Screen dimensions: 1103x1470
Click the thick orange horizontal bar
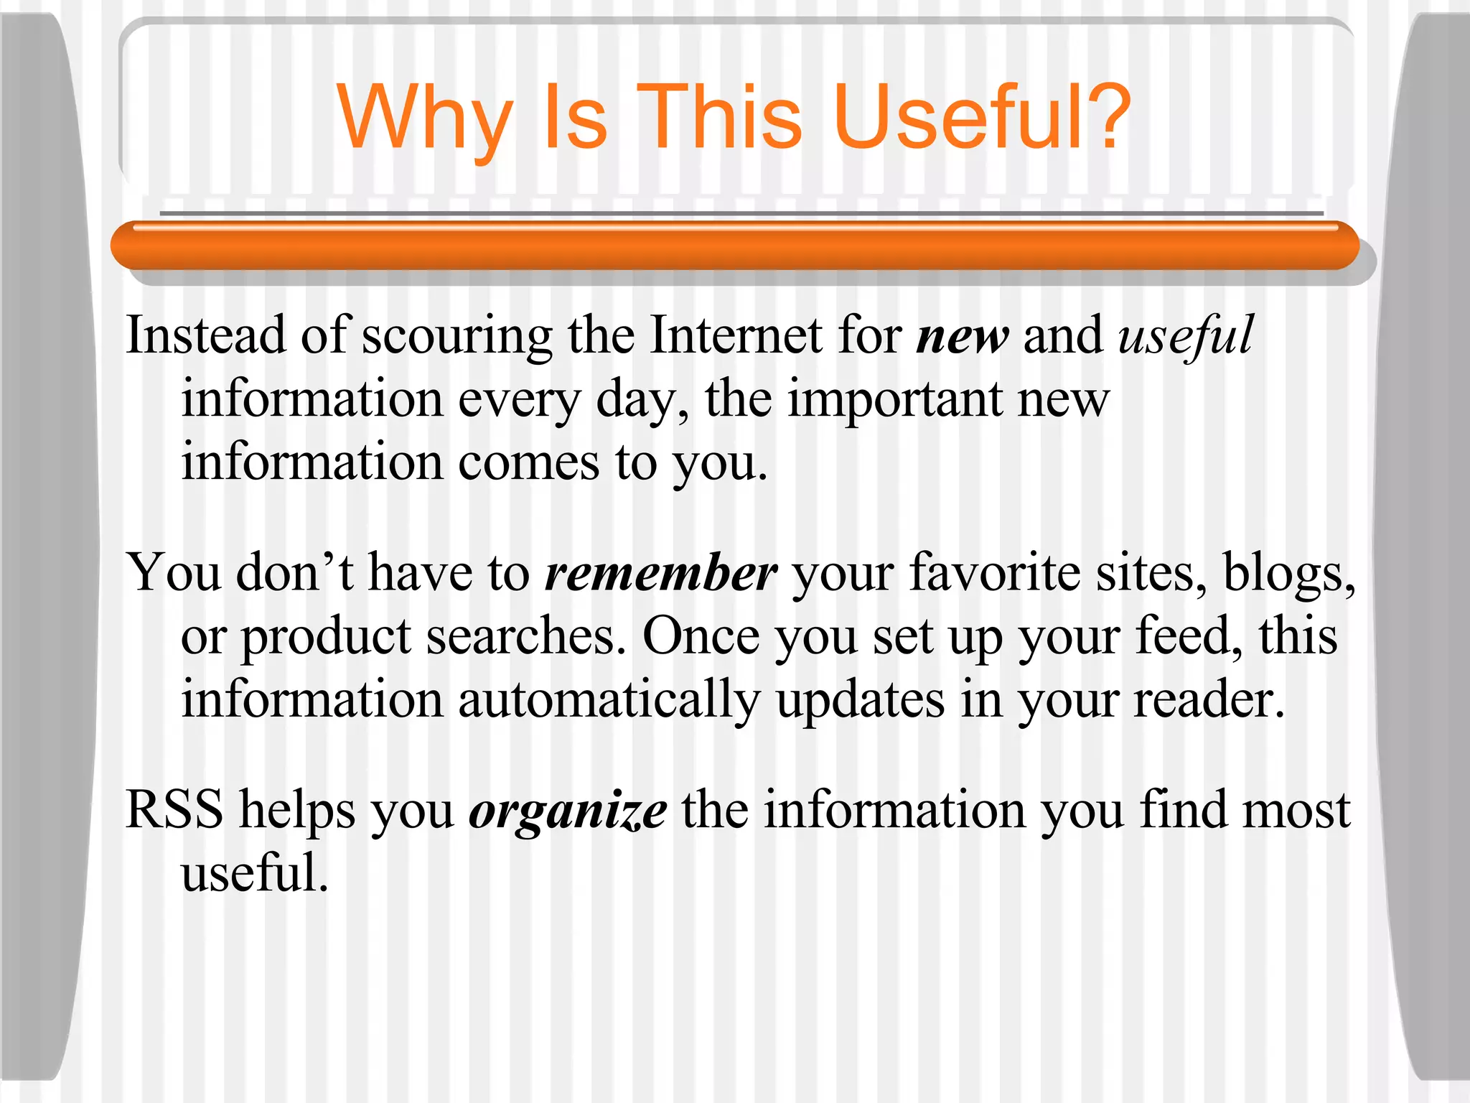tap(734, 246)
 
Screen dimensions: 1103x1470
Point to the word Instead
tap(205, 335)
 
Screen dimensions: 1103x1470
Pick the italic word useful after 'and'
tap(1186, 336)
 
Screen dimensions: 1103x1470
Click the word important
tap(894, 400)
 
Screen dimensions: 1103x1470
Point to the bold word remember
tap(661, 574)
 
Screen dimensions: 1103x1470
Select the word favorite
tap(995, 574)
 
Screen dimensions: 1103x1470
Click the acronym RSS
tap(174, 810)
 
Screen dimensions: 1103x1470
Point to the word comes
tap(528, 463)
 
